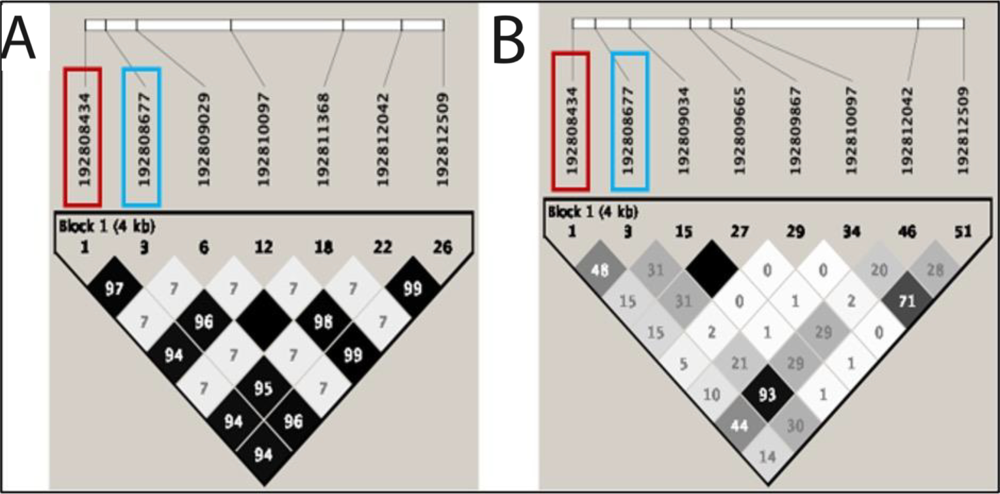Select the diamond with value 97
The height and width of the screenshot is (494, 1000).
pos(114,289)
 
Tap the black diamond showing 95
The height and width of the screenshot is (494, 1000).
pos(264,388)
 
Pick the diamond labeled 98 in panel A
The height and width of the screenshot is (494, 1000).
pos(323,322)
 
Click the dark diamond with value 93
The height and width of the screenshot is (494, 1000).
pos(767,395)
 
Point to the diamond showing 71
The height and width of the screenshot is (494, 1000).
pos(907,301)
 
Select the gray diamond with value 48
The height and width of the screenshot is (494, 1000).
pos(599,270)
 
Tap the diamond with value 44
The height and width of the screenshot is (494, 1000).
pos(739,426)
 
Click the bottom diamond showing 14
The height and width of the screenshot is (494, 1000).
pos(767,457)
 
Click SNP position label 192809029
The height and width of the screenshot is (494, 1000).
pos(204,139)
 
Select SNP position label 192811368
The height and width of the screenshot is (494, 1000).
pos(323,139)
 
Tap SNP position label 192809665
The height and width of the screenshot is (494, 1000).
pos(739,131)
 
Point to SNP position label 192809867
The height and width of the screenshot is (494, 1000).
pos(795,131)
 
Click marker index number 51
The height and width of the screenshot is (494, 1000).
pos(963,232)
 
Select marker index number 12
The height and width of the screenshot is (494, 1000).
pos(264,248)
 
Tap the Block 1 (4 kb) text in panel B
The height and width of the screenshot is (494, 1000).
pos(593,212)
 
